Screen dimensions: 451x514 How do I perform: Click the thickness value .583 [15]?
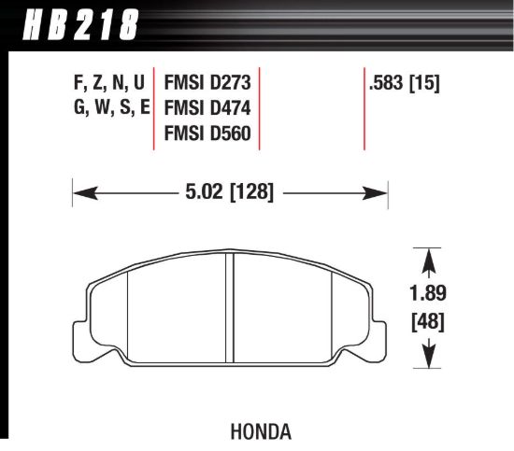pos(405,82)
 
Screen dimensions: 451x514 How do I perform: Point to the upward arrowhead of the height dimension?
pos(427,257)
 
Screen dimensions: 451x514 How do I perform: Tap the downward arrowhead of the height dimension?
pos(427,359)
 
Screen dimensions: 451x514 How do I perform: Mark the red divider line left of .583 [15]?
pos(363,107)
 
